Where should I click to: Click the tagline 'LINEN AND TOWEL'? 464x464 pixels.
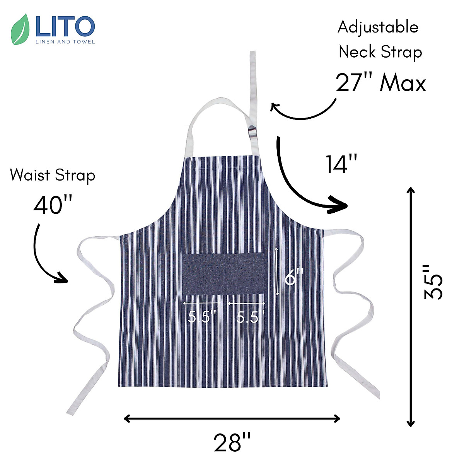[65, 42]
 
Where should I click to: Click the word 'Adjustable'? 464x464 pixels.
[378, 27]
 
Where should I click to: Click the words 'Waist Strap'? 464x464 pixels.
[53, 175]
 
